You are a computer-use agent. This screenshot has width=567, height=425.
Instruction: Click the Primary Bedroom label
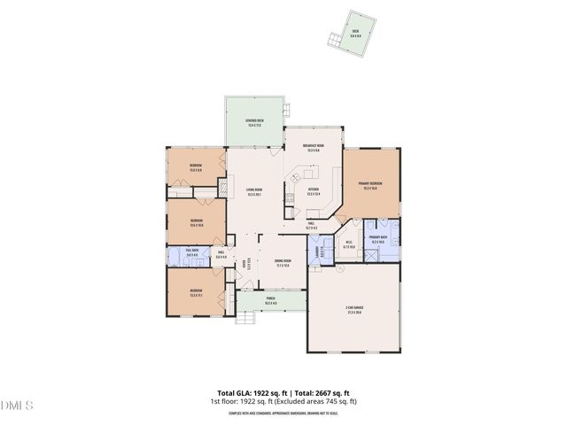(x=369, y=186)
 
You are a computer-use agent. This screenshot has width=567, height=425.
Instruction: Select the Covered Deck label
(x=254, y=123)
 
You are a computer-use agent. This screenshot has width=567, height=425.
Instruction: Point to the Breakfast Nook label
(x=312, y=148)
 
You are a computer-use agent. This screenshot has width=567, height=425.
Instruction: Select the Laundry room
(x=318, y=252)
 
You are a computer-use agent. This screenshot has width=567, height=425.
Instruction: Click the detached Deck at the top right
(x=355, y=35)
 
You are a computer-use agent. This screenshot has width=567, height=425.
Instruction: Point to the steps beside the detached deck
(x=334, y=40)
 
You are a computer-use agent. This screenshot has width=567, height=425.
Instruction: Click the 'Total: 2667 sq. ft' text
(x=320, y=392)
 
